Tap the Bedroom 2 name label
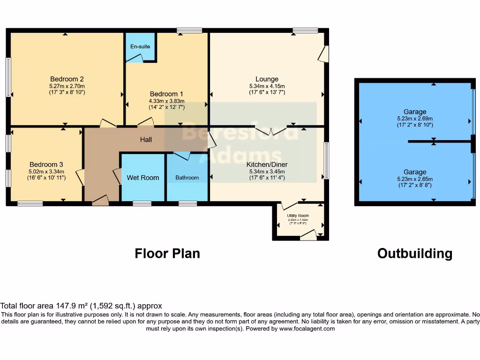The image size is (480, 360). click(x=67, y=79)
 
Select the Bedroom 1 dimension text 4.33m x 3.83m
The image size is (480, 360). click(x=166, y=101)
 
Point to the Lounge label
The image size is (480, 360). click(x=267, y=79)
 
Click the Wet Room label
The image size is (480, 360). click(x=143, y=178)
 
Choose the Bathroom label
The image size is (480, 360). click(x=187, y=178)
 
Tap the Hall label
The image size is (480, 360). click(x=146, y=140)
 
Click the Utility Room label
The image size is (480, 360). click(x=298, y=215)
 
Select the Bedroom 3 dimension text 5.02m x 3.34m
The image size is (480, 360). click(x=46, y=172)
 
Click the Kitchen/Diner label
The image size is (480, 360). click(x=267, y=165)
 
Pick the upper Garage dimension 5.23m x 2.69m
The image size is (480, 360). click(x=415, y=119)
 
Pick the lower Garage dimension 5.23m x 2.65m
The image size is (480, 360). click(x=415, y=179)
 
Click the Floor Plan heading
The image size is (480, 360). click(x=167, y=254)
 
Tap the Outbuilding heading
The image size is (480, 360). click(x=415, y=254)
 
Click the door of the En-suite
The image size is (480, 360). click(x=135, y=59)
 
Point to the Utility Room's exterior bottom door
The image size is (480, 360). click(x=308, y=236)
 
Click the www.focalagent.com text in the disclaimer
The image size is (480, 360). click(x=307, y=329)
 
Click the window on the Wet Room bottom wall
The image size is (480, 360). click(x=142, y=203)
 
